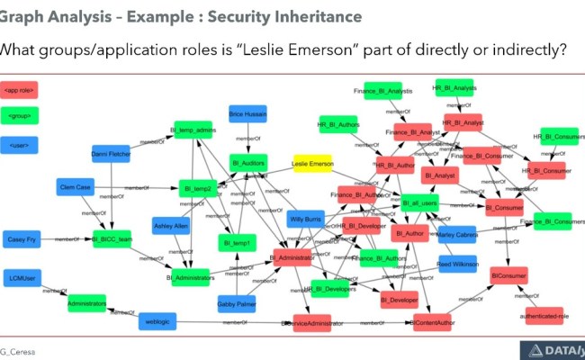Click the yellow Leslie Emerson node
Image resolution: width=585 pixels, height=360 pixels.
coord(312,166)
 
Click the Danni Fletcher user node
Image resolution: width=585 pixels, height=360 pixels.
coord(112,155)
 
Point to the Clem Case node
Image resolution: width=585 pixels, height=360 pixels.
coord(77,187)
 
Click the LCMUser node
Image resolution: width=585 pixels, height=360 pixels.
coord(25,276)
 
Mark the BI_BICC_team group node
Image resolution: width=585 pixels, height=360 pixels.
coord(112,239)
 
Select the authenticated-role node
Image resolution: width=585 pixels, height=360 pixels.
coord(543,314)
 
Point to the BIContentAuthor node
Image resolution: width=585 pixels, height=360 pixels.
coord(436,321)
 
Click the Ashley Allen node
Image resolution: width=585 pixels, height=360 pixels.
coord(170,226)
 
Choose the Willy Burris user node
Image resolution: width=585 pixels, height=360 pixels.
coord(305,220)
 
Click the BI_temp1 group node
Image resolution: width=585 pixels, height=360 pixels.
coord(237,241)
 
